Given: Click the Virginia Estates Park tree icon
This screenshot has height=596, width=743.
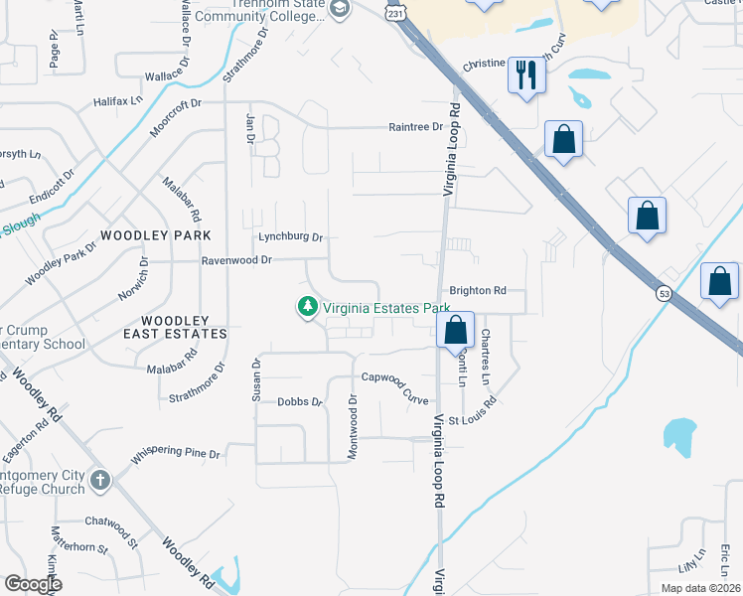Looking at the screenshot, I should click(308, 308).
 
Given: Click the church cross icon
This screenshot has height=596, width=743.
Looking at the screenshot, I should click(99, 481).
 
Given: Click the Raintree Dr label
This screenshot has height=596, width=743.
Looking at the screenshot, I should click(416, 127).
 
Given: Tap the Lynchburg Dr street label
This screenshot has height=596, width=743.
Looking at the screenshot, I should click(291, 237).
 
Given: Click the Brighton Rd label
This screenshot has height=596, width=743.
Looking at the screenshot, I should click(478, 291).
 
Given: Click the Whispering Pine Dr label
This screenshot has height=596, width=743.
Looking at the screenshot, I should click(175, 454).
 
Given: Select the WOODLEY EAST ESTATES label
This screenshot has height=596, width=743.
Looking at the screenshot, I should click(183, 327).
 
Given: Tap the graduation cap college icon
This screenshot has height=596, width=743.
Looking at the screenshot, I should click(340, 9).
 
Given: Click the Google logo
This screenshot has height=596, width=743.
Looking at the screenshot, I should click(32, 584).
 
